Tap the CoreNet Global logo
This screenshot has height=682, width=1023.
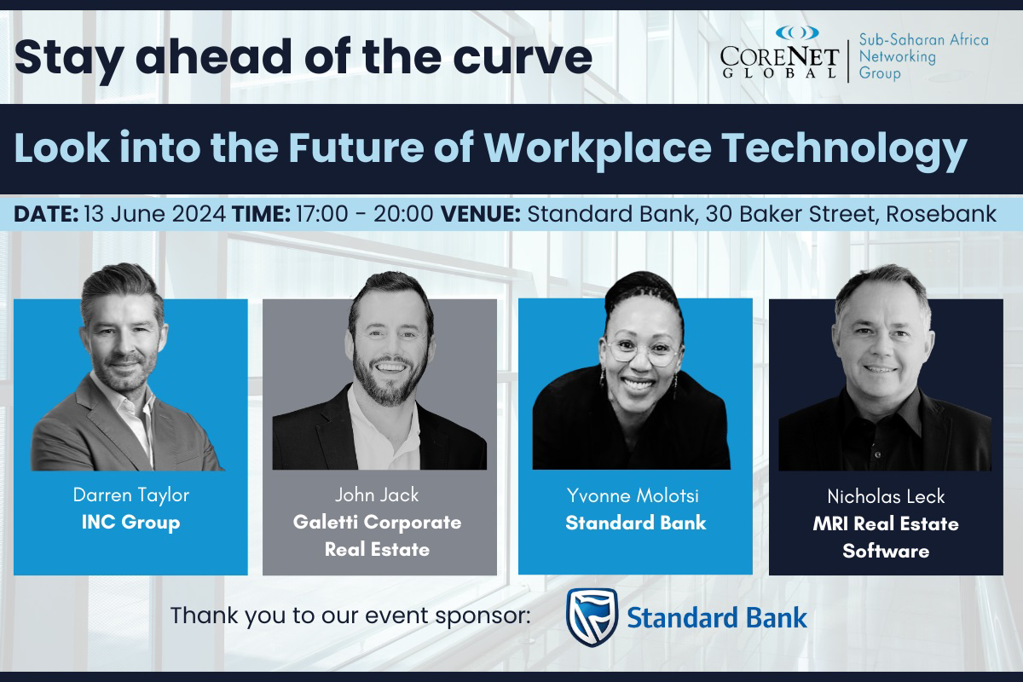(779, 53)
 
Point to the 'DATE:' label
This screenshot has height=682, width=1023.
(45, 213)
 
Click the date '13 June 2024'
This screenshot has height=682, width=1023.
(153, 213)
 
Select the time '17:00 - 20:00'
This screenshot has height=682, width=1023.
(364, 213)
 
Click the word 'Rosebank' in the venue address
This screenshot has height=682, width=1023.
(941, 213)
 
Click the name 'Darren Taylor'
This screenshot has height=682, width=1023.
(130, 494)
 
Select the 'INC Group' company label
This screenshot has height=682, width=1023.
(130, 522)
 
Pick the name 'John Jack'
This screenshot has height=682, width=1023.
(378, 494)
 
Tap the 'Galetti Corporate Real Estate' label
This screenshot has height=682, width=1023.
(378, 535)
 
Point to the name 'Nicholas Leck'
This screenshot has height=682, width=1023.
(886, 496)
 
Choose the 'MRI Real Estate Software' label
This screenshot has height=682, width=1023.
(886, 537)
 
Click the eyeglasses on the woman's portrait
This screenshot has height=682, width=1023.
(641, 350)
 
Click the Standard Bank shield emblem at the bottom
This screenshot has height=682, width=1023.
(592, 616)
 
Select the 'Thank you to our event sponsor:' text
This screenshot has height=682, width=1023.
(350, 616)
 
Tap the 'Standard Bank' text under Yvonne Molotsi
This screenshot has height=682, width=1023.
(635, 523)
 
